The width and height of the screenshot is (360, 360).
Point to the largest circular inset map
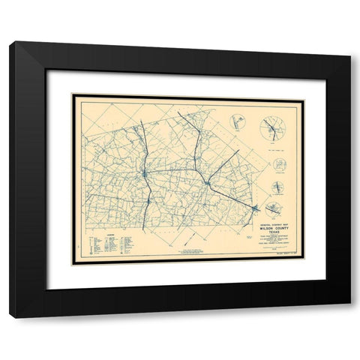pos(271,130)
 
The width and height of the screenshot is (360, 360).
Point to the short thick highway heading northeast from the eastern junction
pos(223,166)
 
